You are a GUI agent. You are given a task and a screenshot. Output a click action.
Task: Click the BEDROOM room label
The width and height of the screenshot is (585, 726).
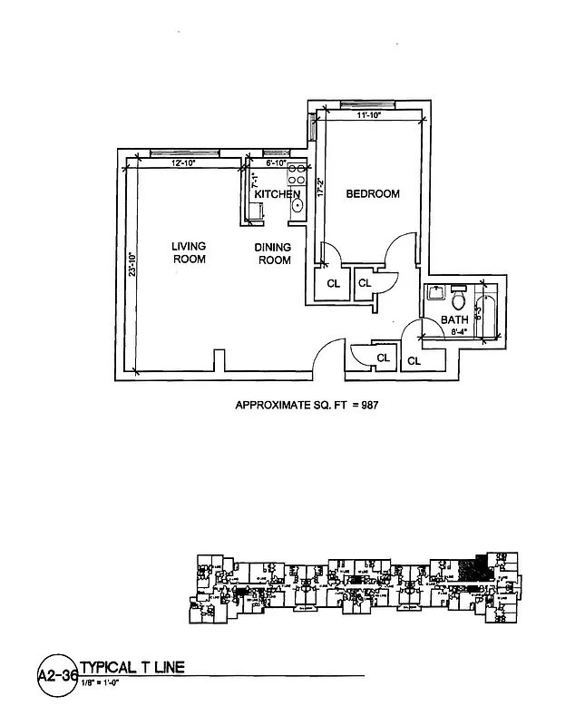[373, 193]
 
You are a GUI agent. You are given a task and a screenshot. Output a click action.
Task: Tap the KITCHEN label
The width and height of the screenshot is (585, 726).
[277, 195]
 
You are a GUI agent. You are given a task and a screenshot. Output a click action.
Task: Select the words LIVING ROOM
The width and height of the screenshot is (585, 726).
[190, 252]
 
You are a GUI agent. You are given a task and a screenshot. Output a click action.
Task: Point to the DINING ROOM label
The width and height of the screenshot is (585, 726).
[273, 253]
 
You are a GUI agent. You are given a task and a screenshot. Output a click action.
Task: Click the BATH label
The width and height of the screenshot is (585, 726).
[454, 319]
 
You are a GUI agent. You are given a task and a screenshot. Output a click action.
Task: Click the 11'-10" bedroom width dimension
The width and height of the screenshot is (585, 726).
[372, 116]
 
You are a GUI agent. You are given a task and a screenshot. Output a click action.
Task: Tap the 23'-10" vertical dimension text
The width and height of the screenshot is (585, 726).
[132, 269]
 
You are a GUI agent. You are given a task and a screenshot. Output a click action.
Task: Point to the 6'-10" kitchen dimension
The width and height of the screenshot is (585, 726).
[276, 162]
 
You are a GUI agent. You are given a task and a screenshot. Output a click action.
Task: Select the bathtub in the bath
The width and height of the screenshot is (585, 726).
[490, 314]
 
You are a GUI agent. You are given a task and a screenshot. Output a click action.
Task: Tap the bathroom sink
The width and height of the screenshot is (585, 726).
[434, 294]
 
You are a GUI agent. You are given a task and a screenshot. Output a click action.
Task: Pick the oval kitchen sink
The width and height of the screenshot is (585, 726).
[296, 205]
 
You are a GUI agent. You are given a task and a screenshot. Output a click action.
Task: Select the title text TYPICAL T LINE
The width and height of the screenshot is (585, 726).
[132, 667]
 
